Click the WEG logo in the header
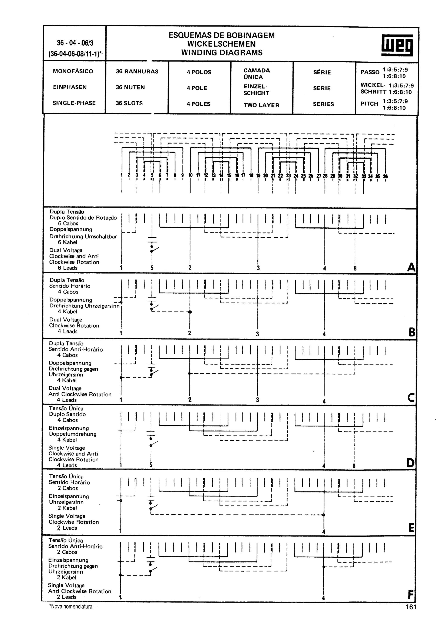click(397, 45)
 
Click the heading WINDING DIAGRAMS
click(222, 52)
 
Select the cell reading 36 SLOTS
click(129, 103)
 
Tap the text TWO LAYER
click(261, 105)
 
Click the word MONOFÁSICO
click(73, 71)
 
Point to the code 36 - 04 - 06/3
click(75, 43)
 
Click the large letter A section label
click(411, 267)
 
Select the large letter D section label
click(410, 463)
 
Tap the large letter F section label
click(410, 594)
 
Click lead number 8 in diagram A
click(355, 268)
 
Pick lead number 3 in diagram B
click(257, 334)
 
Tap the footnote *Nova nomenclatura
click(71, 607)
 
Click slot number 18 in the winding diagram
click(251, 175)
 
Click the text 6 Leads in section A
click(67, 268)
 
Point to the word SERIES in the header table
click(323, 104)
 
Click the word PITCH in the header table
click(369, 104)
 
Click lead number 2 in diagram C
click(190, 400)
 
